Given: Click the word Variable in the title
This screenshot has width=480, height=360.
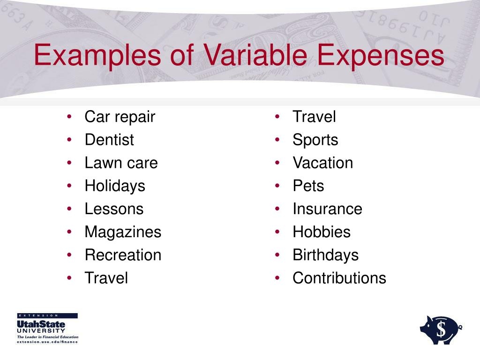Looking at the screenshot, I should (255, 55).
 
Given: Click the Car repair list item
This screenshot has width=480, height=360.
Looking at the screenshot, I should (120, 117).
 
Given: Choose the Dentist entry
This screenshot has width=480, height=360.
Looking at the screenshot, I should (109, 140).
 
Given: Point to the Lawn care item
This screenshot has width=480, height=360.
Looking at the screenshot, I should (121, 163).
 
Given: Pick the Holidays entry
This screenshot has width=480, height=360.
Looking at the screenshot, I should (115, 186).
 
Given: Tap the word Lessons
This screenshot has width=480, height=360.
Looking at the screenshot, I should (114, 209).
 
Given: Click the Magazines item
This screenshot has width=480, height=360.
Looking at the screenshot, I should (123, 232).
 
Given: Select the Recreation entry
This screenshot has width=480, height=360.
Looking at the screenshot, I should (123, 255).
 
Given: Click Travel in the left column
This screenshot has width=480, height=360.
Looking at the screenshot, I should (106, 278).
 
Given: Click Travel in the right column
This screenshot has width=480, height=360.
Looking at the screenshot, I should (314, 117).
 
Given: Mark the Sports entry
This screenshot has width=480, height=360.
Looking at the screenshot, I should (315, 140).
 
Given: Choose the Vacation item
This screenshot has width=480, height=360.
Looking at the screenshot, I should (322, 163).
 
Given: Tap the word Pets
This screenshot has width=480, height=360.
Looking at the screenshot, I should (308, 186).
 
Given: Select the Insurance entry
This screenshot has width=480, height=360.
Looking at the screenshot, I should (327, 209).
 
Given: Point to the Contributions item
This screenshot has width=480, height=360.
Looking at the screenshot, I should (339, 278).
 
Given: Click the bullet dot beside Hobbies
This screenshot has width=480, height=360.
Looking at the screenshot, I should (278, 232).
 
